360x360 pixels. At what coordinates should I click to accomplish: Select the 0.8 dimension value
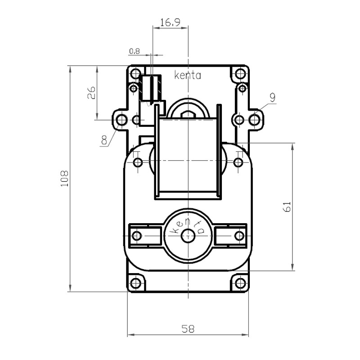point(134,51)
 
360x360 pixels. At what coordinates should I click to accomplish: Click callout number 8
point(104,140)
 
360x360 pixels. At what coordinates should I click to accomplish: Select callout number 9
point(272,97)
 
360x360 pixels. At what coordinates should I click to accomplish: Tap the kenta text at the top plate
point(187,76)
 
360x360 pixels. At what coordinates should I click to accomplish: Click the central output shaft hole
point(187,235)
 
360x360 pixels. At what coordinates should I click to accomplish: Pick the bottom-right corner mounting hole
point(240,283)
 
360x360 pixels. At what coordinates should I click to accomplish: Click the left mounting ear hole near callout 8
point(121,120)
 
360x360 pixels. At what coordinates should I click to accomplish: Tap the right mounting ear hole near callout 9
point(255,120)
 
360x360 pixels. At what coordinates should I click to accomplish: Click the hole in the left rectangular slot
point(137,235)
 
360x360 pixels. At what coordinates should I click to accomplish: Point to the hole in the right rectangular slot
point(239,235)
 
